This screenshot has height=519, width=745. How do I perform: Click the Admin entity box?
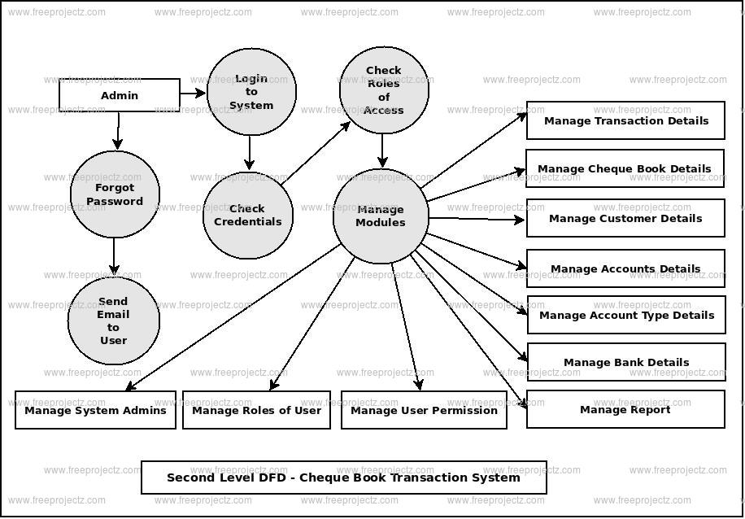tap(120, 95)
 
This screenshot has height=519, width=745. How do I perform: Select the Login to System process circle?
tap(251, 92)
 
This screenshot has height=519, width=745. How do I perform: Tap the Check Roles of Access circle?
tap(384, 90)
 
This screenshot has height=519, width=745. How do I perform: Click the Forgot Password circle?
tap(115, 194)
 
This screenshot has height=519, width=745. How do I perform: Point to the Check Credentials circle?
tap(247, 215)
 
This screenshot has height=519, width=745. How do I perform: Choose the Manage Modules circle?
tap(381, 216)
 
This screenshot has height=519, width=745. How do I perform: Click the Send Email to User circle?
tap(113, 321)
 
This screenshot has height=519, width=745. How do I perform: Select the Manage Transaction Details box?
tap(625, 120)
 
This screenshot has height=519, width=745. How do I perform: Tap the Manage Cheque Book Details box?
tap(625, 168)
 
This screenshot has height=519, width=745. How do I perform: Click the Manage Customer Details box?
tap(625, 218)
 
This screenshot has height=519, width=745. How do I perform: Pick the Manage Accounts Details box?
tap(625, 268)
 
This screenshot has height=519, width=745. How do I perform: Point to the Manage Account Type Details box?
tap(626, 315)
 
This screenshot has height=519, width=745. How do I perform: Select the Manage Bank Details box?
tap(626, 362)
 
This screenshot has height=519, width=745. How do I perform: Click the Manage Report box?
tap(625, 409)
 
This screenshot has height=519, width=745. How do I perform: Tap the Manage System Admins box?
tap(95, 410)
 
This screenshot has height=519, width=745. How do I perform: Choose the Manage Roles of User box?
tap(256, 410)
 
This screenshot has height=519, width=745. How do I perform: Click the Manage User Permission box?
tap(424, 410)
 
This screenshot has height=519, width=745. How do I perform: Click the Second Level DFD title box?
tap(343, 478)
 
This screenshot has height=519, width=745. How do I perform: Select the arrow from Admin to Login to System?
tap(193, 94)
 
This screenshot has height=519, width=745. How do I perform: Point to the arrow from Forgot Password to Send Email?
tap(114, 257)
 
